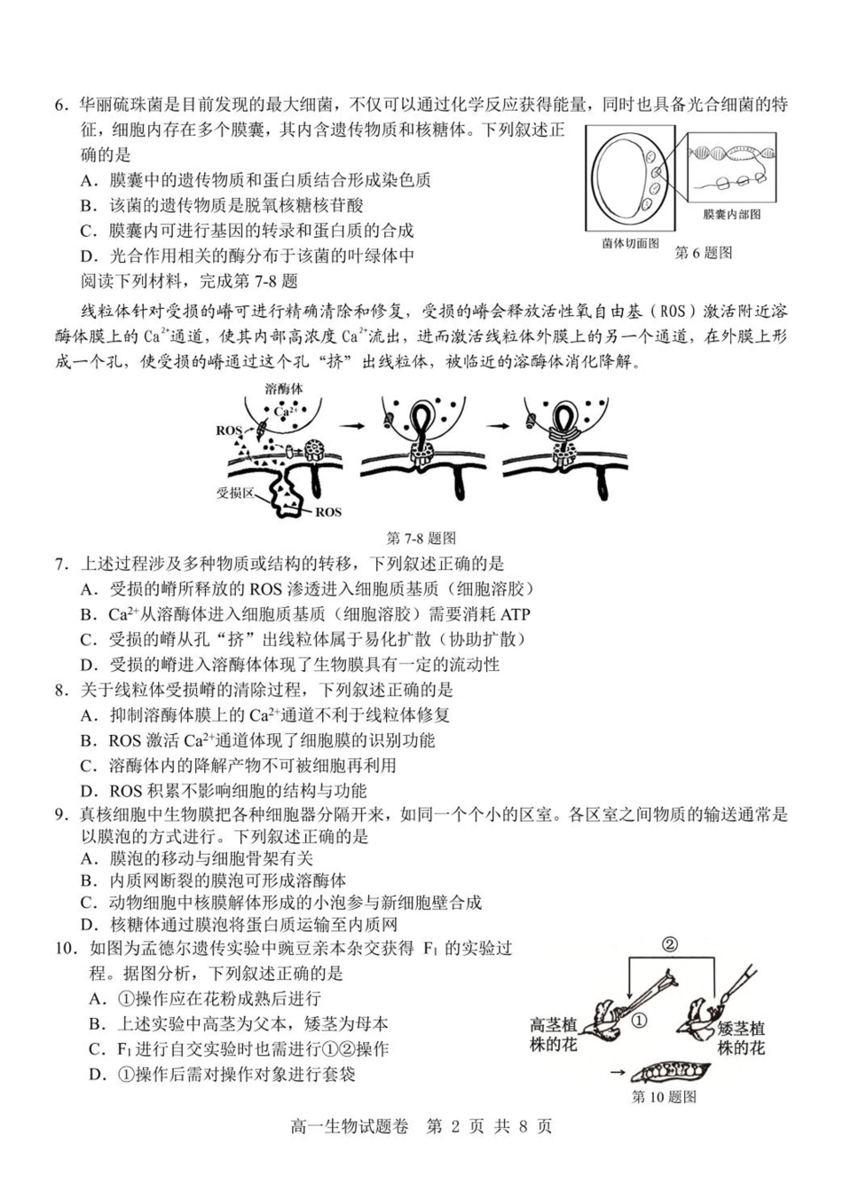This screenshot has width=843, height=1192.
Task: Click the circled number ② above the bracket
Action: point(670,943)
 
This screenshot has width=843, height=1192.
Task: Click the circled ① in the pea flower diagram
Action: point(639,1020)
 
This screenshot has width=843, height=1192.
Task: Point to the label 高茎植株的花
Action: point(554,1035)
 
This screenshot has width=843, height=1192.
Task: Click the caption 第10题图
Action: point(664,1097)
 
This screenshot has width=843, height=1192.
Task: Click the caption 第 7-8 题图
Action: point(421,538)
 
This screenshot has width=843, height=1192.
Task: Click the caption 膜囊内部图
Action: point(731,214)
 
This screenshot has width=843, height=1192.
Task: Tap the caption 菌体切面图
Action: point(630,242)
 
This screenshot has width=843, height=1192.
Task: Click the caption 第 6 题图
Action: point(704,253)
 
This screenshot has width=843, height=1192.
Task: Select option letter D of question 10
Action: point(98,1075)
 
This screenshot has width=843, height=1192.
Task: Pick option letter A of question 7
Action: point(87,588)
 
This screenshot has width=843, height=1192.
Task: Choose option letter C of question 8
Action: point(87,765)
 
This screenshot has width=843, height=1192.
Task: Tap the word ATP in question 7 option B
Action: point(516,614)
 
